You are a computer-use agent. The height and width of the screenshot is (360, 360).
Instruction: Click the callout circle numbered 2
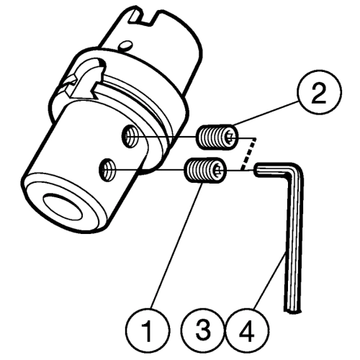319,92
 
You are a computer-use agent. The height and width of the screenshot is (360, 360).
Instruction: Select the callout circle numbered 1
148,330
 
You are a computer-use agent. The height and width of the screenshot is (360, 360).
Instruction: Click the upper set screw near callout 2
217,137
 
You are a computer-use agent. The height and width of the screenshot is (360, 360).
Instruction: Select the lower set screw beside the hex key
205,171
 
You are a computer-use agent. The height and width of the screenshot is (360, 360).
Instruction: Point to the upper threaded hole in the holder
130,136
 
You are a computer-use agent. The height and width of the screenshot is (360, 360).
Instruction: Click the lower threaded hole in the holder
107,170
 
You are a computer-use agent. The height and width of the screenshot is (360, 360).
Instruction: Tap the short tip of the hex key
258,170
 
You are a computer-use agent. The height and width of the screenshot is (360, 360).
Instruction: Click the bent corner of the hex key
297,169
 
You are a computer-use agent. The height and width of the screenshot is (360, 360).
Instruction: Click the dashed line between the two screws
249,154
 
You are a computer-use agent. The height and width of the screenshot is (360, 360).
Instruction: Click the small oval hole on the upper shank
125,45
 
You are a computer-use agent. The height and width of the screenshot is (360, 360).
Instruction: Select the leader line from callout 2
266,113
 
